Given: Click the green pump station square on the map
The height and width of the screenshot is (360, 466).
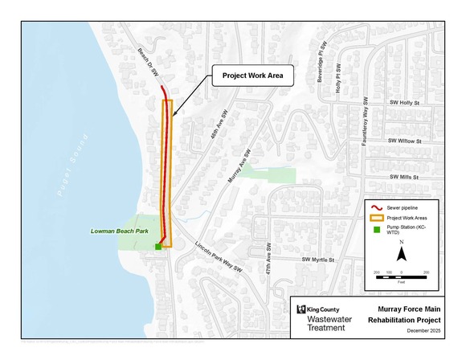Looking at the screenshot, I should [x=158, y=247].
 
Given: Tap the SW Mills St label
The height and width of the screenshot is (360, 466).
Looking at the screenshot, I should [x=405, y=176].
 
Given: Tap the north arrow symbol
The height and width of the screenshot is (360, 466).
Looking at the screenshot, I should [x=403, y=256].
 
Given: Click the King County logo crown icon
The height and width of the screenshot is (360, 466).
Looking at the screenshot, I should [x=300, y=309].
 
